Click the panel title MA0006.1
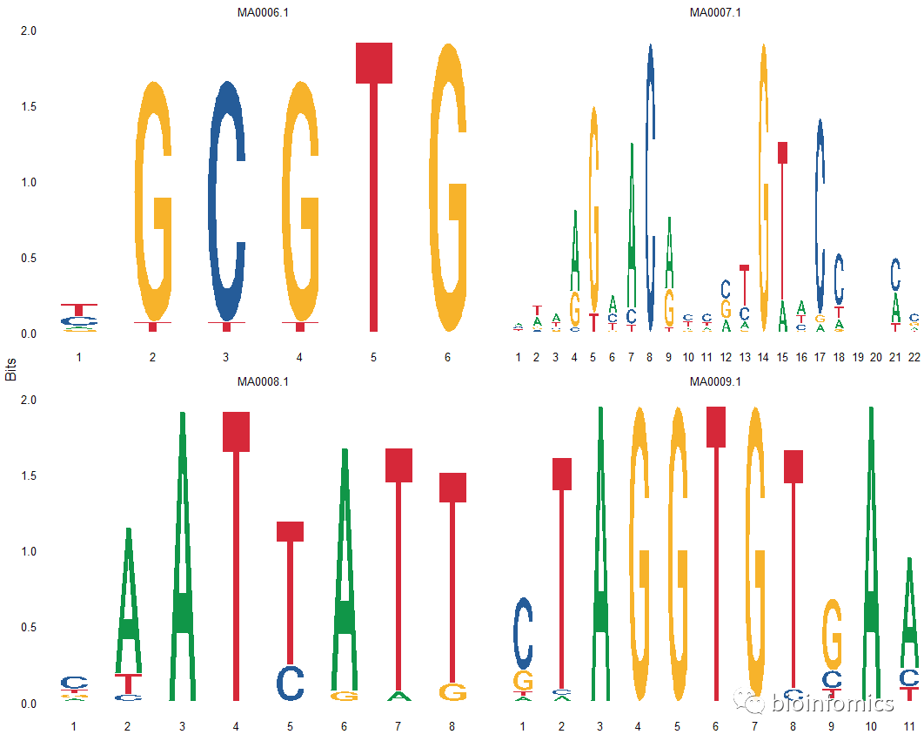click(263, 12)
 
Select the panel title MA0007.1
click(715, 12)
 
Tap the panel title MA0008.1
click(263, 381)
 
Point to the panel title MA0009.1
click(715, 381)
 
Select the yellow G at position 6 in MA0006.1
click(448, 187)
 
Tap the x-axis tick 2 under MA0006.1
click(152, 357)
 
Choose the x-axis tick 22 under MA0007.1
click(914, 357)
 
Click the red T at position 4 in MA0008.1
click(237, 557)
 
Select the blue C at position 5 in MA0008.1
click(290, 683)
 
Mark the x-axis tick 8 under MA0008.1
click(452, 726)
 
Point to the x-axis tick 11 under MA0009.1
click(909, 726)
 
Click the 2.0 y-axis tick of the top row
click(28, 31)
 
